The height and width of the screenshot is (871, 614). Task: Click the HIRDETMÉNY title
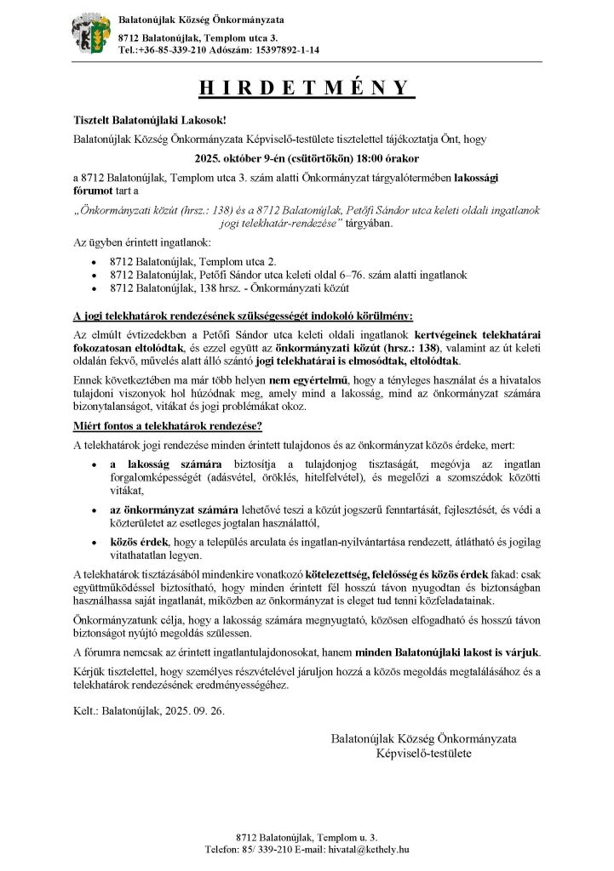pyautogui.click(x=307, y=89)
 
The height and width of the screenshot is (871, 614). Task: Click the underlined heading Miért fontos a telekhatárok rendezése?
pyautogui.click(x=168, y=425)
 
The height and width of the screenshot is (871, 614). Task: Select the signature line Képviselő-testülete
pyautogui.click(x=423, y=753)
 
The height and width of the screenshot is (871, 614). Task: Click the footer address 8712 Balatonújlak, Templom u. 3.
pyautogui.click(x=307, y=837)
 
